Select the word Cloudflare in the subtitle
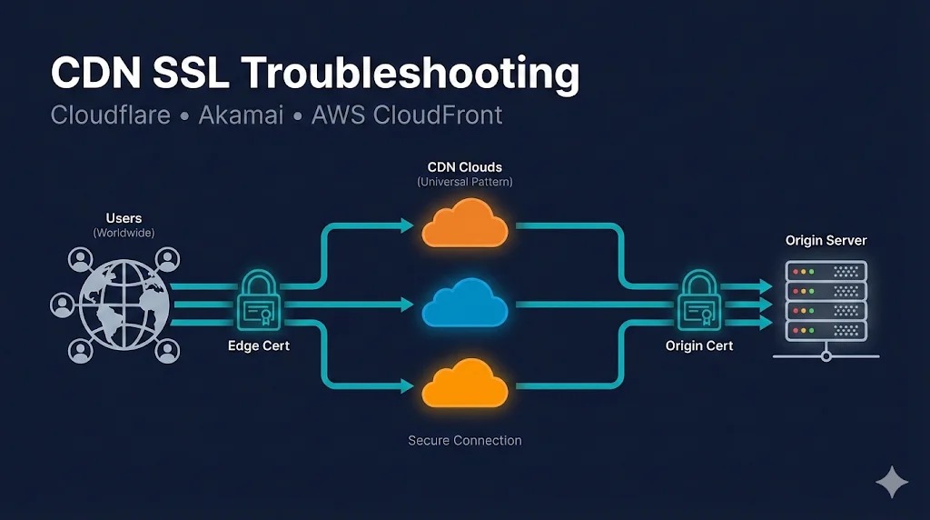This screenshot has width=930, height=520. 110,116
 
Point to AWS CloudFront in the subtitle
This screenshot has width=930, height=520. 406,116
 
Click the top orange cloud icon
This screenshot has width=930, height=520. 465,224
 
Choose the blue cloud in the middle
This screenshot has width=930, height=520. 465,302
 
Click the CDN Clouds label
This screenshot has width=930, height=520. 465,167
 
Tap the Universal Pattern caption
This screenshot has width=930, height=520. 465,182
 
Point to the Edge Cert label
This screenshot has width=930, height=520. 259,346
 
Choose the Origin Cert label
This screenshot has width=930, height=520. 699,346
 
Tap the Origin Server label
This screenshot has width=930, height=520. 826,241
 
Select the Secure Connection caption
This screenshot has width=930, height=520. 465,441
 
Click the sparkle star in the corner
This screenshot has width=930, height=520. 892,483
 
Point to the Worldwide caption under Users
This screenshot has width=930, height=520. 124,234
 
